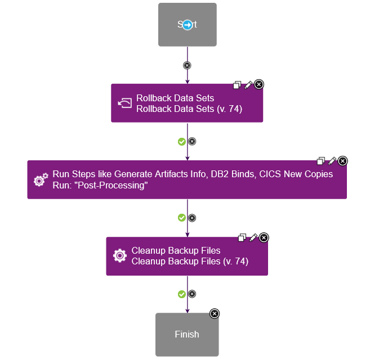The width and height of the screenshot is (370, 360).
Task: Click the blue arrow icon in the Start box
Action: [188, 25]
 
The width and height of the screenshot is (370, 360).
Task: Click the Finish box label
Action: [187, 334]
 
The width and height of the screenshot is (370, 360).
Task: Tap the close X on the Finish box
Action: [215, 313]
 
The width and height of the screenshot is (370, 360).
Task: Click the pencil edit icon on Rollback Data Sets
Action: [248, 84]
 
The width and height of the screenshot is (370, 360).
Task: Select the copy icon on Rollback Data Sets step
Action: [237, 85]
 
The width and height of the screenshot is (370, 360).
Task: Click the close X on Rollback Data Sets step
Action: [259, 84]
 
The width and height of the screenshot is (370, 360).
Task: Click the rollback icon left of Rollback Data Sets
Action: [124, 103]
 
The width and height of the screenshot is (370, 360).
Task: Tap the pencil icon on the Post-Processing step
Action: [332, 161]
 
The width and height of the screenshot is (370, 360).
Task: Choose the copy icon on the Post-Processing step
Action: [321, 161]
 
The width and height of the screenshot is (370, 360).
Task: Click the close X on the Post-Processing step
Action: [343, 161]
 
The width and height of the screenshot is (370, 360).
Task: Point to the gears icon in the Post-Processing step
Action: [41, 180]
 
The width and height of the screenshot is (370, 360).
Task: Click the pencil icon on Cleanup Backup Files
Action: [253, 237]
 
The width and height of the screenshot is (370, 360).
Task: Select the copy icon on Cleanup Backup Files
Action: [242, 237]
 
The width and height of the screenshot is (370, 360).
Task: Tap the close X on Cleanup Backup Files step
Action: [264, 237]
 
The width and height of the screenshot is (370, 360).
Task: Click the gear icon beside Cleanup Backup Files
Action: [120, 256]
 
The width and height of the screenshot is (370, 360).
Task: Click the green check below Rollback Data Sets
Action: [181, 141]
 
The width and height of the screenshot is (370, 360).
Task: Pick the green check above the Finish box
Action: [181, 294]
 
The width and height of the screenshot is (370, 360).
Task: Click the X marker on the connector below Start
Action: [187, 65]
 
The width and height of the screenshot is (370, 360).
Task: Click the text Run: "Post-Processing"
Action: [100, 185]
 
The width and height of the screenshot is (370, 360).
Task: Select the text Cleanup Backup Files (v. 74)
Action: [190, 261]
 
